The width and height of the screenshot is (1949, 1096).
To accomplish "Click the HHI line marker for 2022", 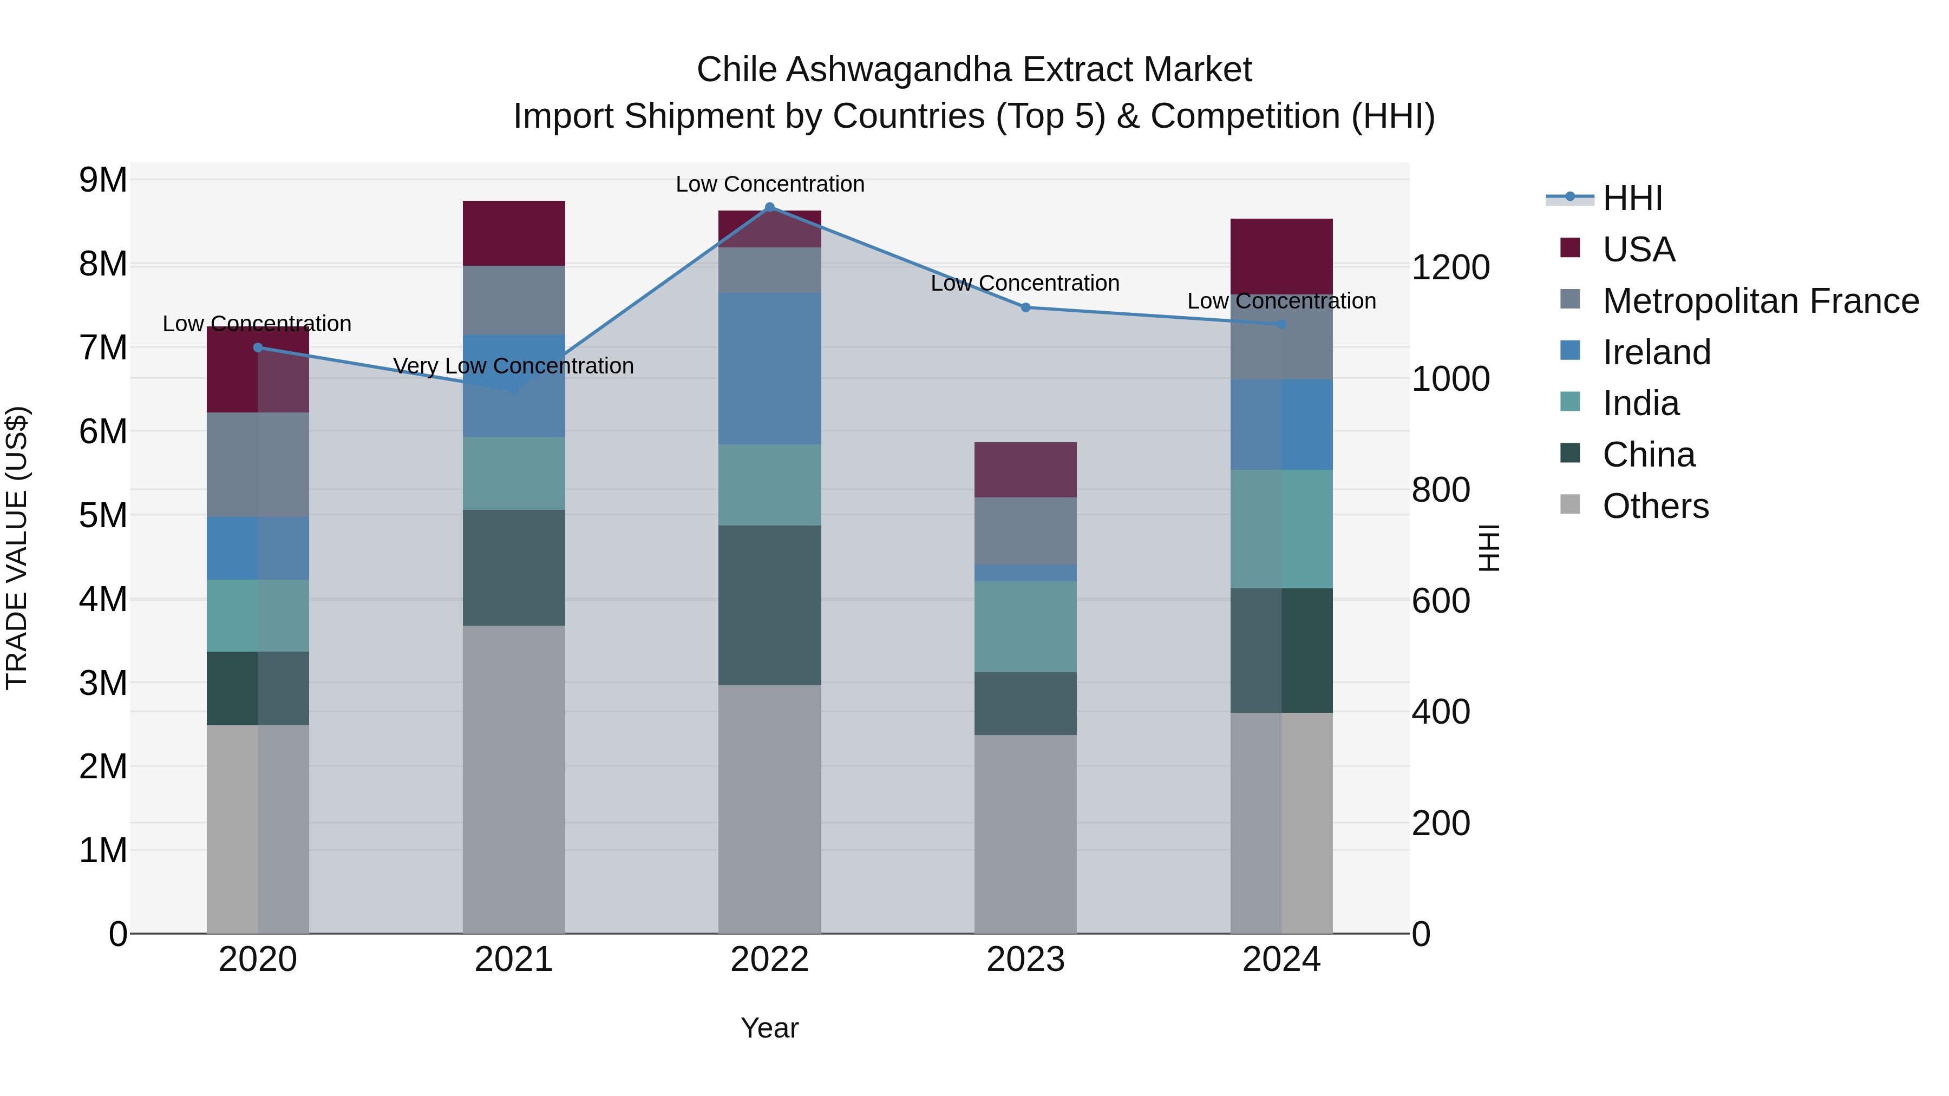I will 769,207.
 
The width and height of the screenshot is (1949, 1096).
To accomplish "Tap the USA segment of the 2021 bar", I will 514,233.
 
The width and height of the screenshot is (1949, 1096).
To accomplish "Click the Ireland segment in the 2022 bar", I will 769,369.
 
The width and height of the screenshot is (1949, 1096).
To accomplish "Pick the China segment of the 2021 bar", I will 514,567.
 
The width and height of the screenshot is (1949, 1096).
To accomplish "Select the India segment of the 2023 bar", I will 1025,626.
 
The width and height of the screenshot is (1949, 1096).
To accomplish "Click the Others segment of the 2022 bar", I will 769,809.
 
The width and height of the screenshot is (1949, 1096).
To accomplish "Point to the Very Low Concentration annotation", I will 514,366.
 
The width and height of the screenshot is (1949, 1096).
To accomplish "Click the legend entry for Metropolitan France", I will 1760,301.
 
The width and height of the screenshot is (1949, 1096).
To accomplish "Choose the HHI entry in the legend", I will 1632,198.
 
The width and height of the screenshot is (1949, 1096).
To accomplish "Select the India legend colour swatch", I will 1570,402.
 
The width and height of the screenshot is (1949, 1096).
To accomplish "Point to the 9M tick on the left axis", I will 103,180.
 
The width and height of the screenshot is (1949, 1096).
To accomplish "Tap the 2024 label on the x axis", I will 1281,960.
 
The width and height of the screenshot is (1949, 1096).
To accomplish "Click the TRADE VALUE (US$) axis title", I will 17,548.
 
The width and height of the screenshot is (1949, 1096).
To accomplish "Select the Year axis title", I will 769,1028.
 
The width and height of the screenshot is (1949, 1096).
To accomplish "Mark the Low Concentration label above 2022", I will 769,184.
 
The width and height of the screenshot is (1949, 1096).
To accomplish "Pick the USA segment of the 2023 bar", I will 1025,470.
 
